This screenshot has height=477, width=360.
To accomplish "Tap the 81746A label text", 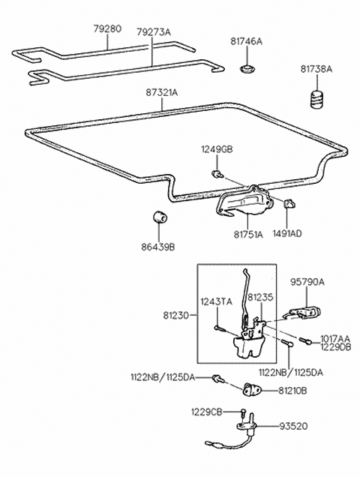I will coord(246,41).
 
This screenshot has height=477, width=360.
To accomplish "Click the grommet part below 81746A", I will coord(245,70).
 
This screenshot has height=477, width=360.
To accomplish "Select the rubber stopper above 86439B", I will coord(160,217).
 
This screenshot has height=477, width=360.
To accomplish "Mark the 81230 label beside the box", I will coord(176,317).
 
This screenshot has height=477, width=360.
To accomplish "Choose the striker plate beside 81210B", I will coord(253,389).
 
